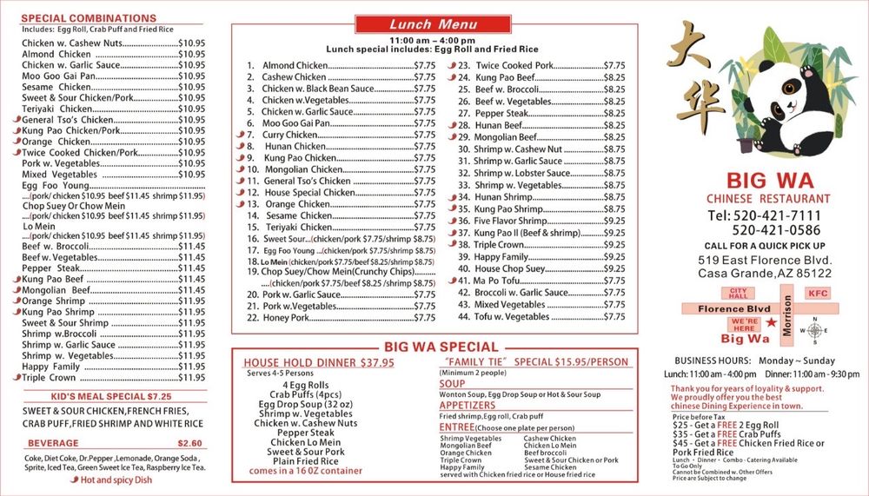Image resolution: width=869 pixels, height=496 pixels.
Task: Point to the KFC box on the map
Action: pos(817,294)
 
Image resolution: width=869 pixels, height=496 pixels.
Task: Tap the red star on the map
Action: pos(768,324)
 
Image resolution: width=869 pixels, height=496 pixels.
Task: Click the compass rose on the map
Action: pos(814,330)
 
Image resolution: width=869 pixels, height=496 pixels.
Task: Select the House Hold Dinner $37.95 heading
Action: pos(318,363)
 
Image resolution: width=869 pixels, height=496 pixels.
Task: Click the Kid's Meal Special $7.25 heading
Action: pos(111,396)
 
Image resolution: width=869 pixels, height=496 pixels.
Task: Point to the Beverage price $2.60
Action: pos(189,443)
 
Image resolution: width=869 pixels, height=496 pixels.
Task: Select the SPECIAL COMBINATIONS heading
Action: pos(89,18)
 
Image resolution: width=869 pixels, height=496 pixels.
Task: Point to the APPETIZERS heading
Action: pos(467,406)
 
